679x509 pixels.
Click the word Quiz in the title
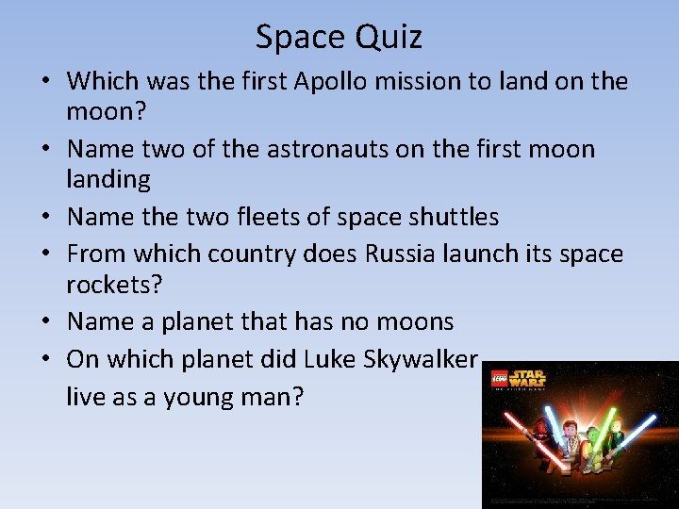[x=389, y=38]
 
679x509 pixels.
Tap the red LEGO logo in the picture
[x=497, y=380]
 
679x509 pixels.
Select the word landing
[x=108, y=179]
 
